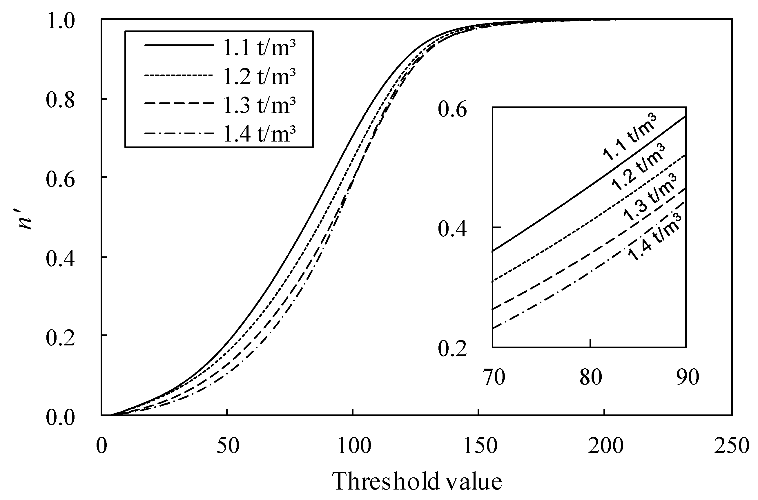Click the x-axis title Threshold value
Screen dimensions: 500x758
[x=417, y=481]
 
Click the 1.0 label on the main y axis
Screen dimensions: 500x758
[x=61, y=20]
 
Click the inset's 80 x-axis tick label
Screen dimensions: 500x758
[x=591, y=377]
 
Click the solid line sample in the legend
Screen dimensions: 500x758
[x=179, y=45]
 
